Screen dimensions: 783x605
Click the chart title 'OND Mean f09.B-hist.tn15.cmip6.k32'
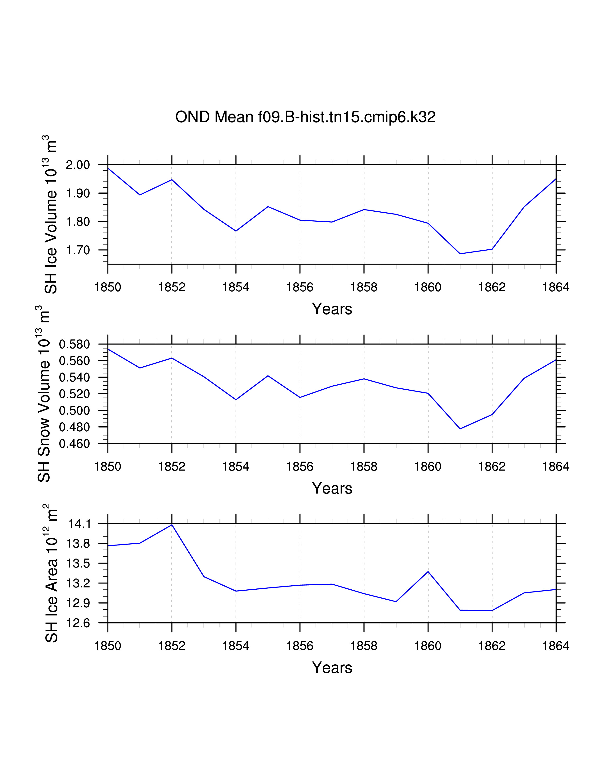tap(305, 117)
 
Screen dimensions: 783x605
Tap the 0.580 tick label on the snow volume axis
tap(74, 345)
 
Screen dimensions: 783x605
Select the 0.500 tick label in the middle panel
tap(74, 410)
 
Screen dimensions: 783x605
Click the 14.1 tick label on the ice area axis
tap(79, 524)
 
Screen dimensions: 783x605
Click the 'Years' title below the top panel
tap(332, 309)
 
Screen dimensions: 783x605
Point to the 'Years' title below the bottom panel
tap(332, 667)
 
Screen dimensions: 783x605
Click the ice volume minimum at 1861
tap(460, 254)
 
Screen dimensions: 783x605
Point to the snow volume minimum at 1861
tap(460, 429)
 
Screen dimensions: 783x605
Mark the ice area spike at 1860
tap(428, 572)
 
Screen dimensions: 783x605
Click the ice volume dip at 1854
tap(236, 231)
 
